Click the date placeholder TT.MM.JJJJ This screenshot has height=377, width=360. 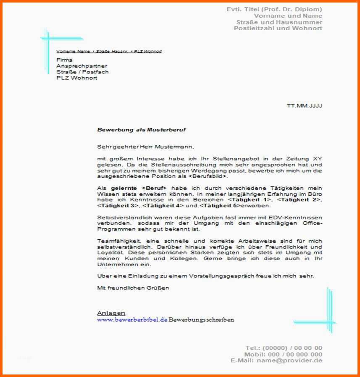304,106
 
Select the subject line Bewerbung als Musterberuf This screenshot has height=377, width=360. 141,130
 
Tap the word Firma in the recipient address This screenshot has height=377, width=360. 65,60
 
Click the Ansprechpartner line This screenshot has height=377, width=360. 81,66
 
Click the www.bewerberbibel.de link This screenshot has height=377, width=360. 132,319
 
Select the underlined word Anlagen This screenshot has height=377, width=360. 111,313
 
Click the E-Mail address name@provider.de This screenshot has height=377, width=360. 289,360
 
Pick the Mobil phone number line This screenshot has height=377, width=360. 283,354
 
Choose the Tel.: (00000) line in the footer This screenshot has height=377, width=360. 284,348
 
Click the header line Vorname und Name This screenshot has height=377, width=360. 288,16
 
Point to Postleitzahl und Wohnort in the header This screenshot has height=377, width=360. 278,28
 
